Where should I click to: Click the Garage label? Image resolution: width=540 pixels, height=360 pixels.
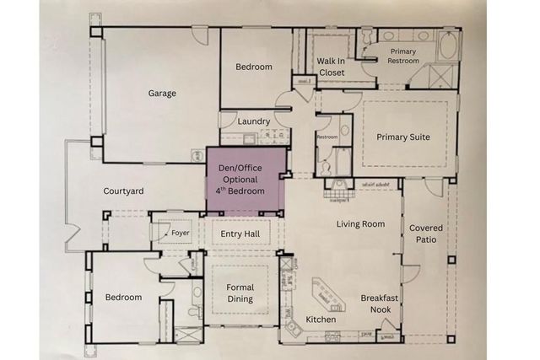pos(162,94)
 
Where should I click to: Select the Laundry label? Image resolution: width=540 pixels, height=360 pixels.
pos(254,121)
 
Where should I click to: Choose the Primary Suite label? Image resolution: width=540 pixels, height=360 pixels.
pos(402,137)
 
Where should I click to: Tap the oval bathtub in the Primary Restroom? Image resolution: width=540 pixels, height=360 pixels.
pos(446,46)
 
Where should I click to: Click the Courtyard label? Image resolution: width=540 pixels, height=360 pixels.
pos(123,191)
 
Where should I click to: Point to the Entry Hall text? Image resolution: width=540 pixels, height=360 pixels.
pos(240,234)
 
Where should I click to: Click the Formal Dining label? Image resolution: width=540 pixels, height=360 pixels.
pos(240,293)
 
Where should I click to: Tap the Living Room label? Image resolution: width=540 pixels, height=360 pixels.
pos(360,224)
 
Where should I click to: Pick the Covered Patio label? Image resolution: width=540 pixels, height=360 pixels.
pos(425,234)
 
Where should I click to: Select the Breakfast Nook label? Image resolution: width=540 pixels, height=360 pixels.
pos(380,304)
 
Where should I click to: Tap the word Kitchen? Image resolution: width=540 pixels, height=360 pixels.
pos(321,320)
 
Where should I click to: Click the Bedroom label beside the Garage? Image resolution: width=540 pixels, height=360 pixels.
pos(253,67)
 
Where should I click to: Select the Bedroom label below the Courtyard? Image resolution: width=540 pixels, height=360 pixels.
pos(123,298)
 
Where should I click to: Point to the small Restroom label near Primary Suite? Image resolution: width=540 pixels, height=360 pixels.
pos(327,136)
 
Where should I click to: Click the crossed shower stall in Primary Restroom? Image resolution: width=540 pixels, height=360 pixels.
pos(442,78)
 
